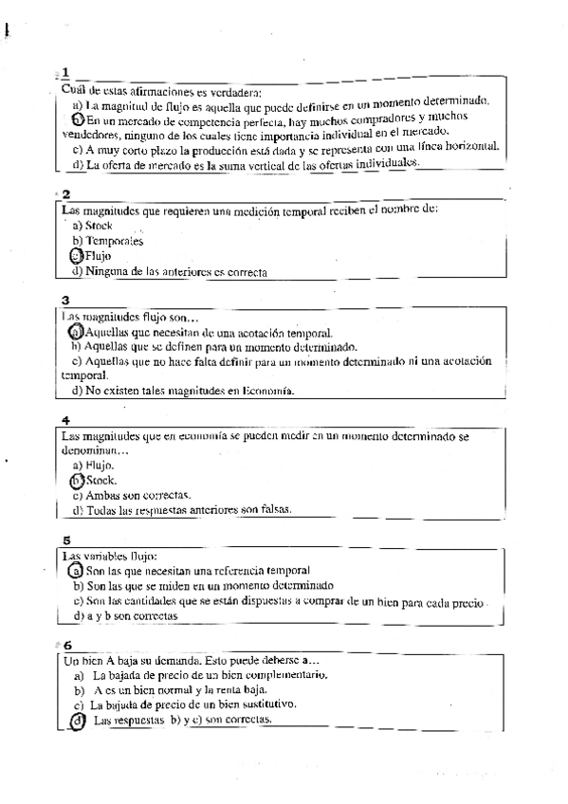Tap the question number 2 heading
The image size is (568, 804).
(x=65, y=194)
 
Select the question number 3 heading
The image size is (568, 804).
(x=65, y=300)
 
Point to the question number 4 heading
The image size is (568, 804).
(x=65, y=420)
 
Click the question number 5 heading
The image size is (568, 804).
(x=65, y=540)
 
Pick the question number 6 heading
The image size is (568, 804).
(x=66, y=645)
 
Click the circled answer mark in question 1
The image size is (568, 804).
(x=77, y=120)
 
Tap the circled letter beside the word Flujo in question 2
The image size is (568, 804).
(x=77, y=256)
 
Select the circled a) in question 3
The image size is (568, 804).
(x=77, y=333)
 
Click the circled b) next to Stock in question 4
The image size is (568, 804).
(x=78, y=481)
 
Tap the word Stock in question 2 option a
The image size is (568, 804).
(x=100, y=226)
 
